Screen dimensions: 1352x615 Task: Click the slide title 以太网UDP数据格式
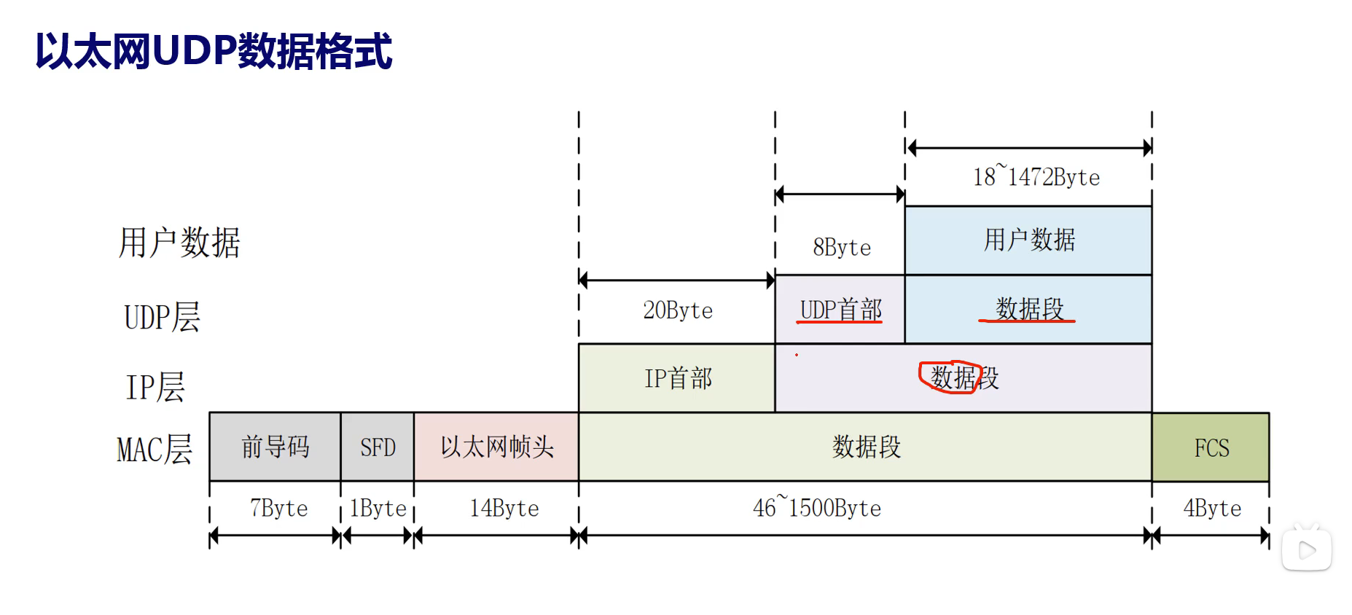click(214, 51)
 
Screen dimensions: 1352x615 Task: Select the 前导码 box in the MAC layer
click(275, 447)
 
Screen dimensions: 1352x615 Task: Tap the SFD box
click(378, 447)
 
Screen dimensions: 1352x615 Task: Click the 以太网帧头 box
click(496, 447)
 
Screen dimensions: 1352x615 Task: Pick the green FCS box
click(1211, 447)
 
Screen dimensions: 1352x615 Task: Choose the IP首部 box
click(677, 378)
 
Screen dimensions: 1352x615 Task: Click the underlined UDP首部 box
click(840, 310)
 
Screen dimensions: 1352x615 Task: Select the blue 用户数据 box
click(1028, 240)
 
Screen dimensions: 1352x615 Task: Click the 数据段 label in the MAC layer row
click(866, 447)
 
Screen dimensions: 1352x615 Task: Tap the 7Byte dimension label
click(278, 508)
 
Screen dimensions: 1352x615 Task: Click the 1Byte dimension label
click(378, 508)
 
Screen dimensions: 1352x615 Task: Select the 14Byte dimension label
click(504, 508)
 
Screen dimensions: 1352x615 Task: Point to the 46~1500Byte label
click(816, 507)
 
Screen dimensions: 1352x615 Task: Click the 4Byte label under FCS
click(1211, 508)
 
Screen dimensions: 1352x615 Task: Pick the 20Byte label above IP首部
click(677, 310)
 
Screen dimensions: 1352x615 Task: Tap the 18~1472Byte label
click(1036, 176)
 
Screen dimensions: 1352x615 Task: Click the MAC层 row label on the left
click(155, 449)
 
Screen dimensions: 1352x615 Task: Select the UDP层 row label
click(162, 317)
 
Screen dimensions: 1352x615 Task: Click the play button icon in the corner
click(1307, 550)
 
